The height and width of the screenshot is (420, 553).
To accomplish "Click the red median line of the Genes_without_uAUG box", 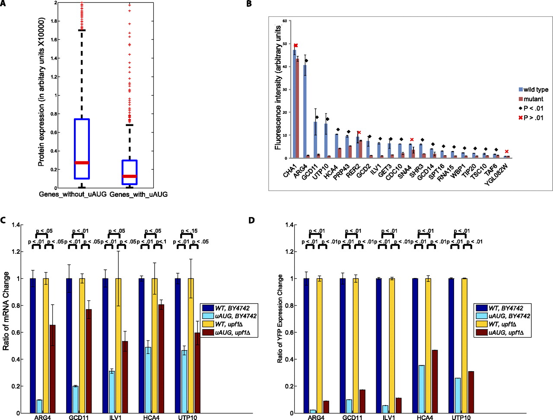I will (x=82, y=163).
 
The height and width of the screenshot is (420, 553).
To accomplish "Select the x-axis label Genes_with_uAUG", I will (x=138, y=195).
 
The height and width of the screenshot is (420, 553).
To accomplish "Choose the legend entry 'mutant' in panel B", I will (x=533, y=99).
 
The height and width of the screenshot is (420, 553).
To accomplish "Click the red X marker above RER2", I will (x=359, y=133).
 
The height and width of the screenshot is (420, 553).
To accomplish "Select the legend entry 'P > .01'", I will (x=533, y=118).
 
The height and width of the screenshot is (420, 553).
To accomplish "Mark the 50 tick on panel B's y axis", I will (x=285, y=44).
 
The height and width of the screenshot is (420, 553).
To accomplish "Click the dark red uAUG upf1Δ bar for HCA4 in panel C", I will (x=161, y=359).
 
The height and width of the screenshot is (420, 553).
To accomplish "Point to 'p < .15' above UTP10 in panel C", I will (x=189, y=231).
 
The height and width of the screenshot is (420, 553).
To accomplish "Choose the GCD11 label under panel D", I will (x=352, y=418).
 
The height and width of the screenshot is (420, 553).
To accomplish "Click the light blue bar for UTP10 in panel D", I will (x=458, y=395).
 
